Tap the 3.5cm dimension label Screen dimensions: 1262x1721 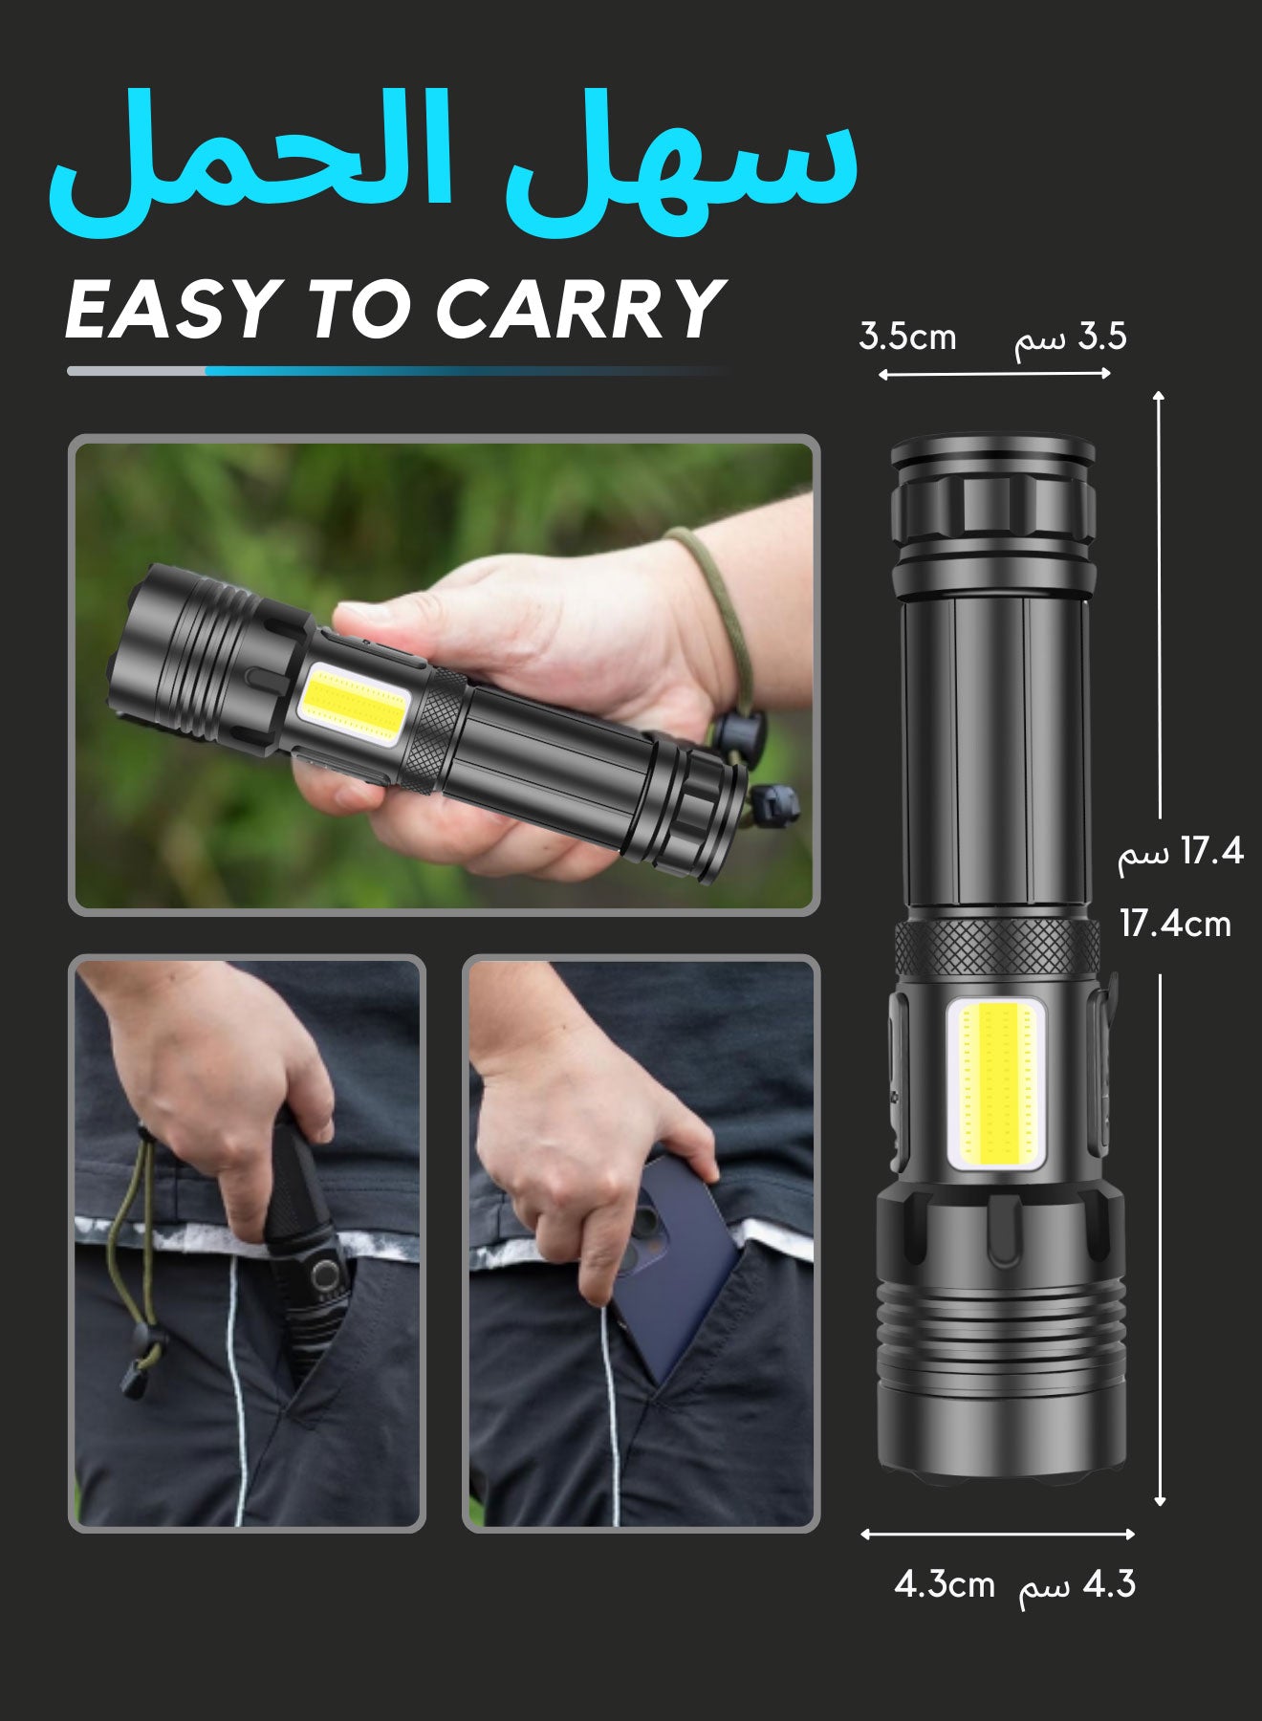[907, 337]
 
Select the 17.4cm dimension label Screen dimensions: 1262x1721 [1175, 924]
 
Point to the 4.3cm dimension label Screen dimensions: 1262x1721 [945, 1584]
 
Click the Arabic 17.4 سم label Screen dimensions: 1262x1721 [1181, 850]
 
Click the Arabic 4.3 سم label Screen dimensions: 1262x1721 [1077, 1584]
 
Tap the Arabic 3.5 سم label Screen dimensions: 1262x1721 [1070, 337]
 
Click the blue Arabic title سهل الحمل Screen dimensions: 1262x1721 [453, 163]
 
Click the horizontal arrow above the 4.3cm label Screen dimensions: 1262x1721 [997, 1534]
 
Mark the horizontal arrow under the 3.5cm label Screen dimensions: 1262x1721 [994, 374]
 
